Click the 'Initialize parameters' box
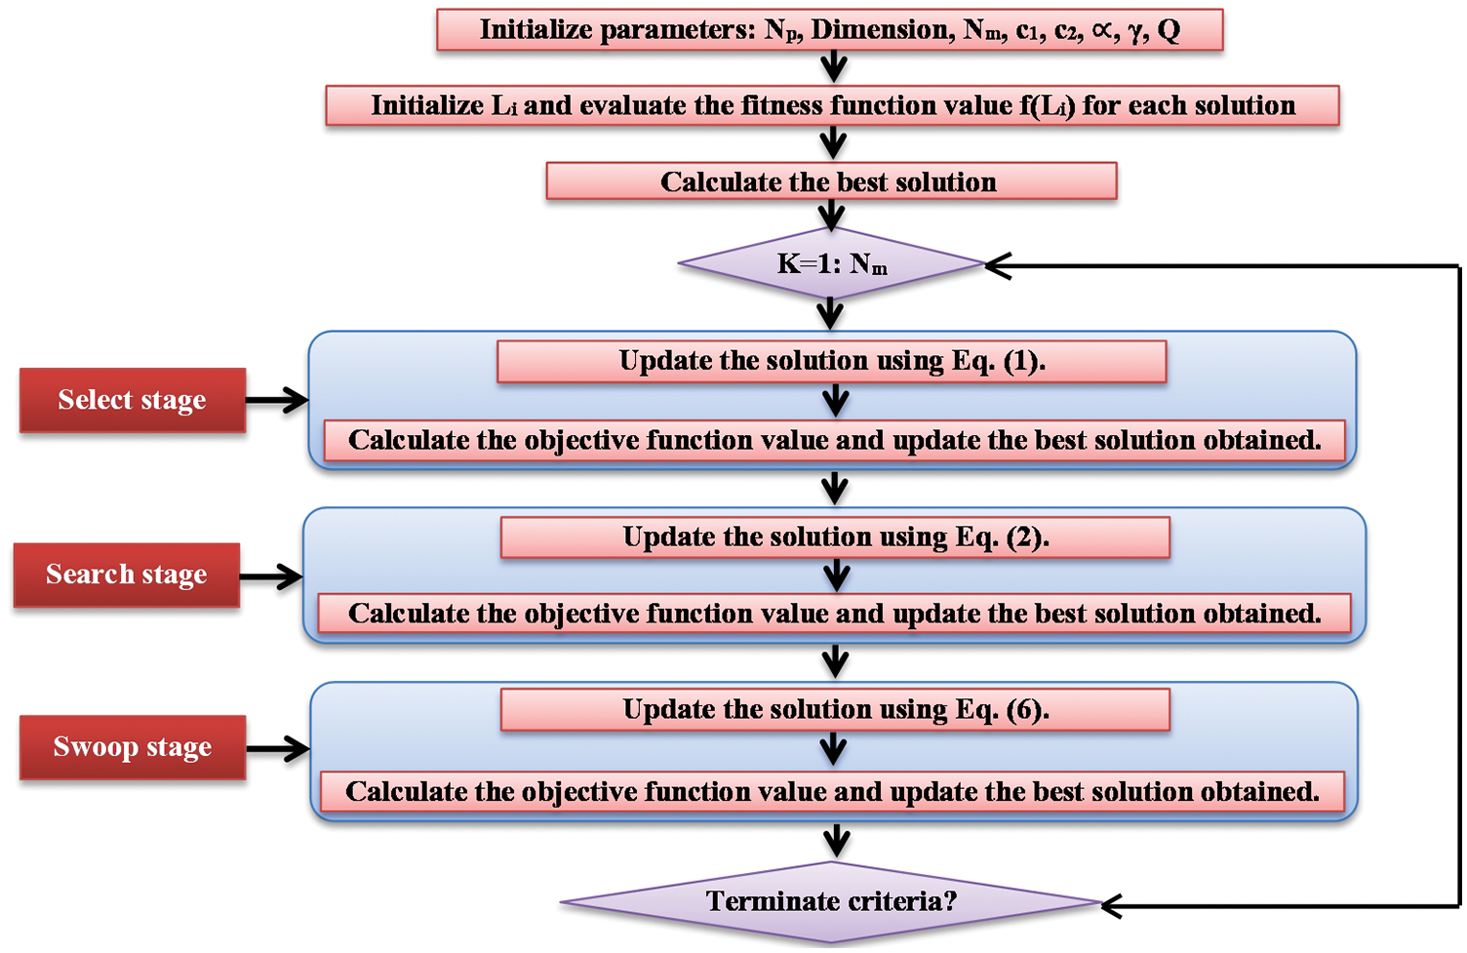(x=829, y=30)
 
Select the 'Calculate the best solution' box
(x=831, y=181)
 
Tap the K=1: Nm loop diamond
(x=831, y=263)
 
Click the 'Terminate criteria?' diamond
(x=831, y=901)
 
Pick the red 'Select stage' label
(x=133, y=400)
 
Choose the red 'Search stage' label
(x=127, y=575)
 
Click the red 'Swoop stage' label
(x=133, y=747)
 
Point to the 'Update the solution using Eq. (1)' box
(x=831, y=362)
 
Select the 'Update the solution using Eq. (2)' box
(x=835, y=537)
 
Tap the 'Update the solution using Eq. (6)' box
(x=835, y=710)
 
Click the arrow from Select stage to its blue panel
(x=277, y=400)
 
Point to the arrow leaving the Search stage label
(x=271, y=576)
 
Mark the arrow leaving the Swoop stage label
(x=278, y=749)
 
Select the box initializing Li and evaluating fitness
(x=832, y=105)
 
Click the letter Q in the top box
(x=1169, y=30)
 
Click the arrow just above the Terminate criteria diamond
(x=836, y=840)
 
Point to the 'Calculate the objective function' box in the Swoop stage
(x=832, y=791)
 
